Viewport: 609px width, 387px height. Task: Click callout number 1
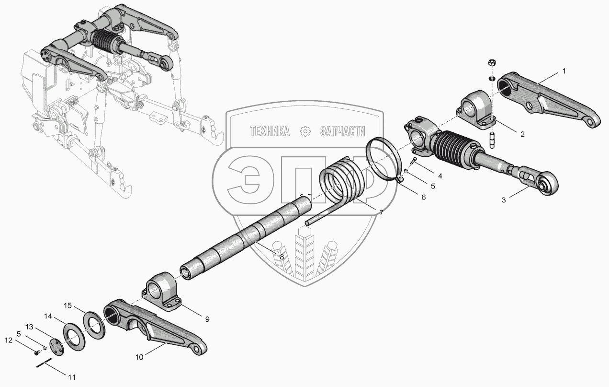[x=564, y=71]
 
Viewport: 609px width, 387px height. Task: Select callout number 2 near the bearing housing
[x=522, y=134]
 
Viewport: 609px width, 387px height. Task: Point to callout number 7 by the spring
[x=381, y=213]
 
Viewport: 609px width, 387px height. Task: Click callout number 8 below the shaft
[x=282, y=257]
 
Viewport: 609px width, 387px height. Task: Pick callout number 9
[x=207, y=319]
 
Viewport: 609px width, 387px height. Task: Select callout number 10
[x=139, y=357]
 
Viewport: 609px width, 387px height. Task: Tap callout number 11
[x=71, y=377]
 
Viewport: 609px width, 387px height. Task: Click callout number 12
[x=9, y=340]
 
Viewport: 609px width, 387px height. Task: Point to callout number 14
[x=48, y=316]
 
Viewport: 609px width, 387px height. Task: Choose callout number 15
[x=68, y=305]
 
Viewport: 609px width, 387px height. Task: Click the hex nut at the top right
[x=492, y=62]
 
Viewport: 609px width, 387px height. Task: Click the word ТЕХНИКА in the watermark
[x=270, y=131]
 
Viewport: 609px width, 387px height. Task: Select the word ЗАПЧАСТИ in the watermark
[x=343, y=131]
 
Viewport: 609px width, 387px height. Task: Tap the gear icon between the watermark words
[x=305, y=131]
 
